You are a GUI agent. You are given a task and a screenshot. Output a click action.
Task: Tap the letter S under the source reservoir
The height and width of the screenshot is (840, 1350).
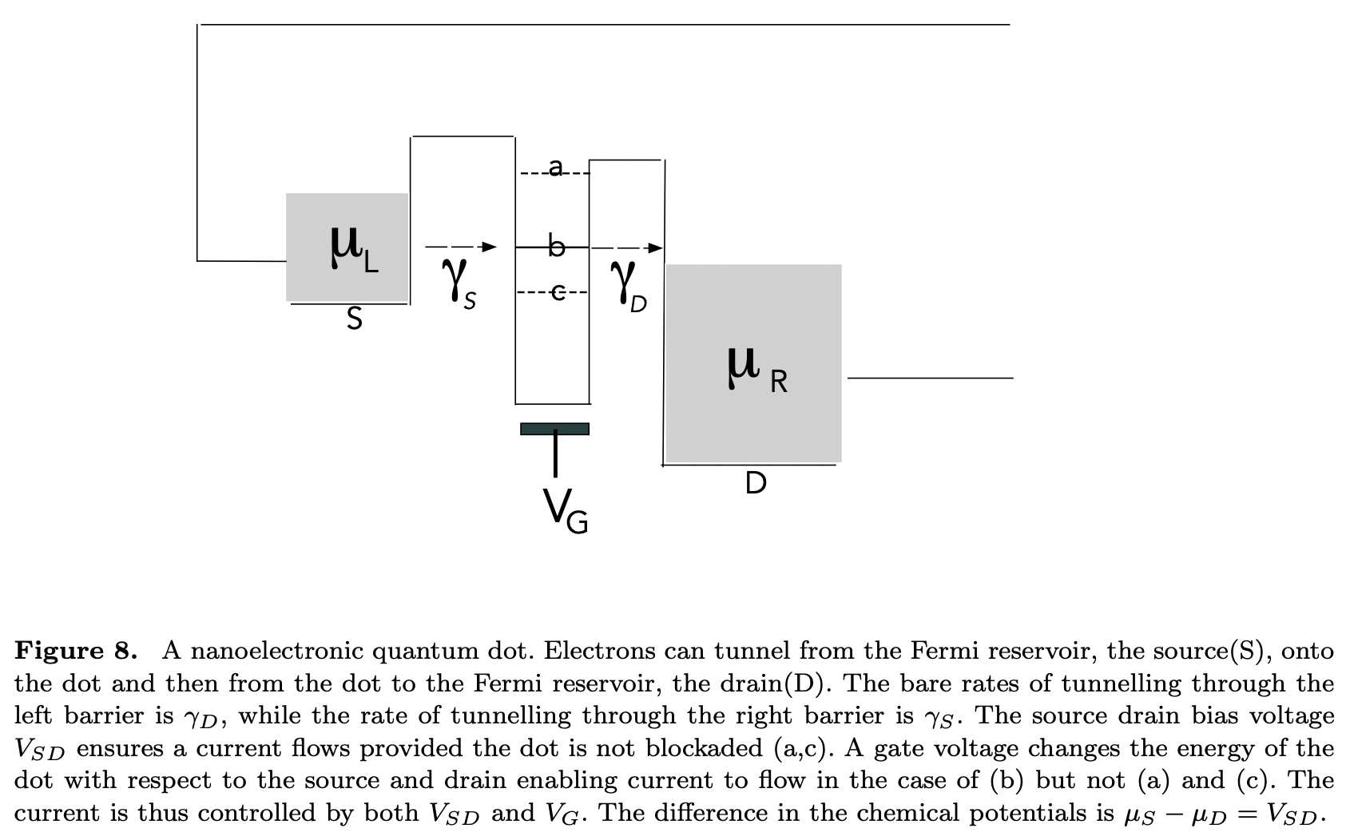(x=354, y=319)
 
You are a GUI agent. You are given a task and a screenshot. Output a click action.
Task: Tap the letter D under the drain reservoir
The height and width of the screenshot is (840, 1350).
(x=755, y=483)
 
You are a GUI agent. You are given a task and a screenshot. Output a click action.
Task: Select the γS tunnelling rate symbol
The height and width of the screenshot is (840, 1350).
(x=458, y=282)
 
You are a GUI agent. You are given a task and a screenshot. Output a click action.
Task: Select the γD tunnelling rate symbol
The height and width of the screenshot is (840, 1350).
(x=628, y=284)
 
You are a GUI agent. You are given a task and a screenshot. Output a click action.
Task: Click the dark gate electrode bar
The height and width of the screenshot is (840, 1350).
(x=554, y=429)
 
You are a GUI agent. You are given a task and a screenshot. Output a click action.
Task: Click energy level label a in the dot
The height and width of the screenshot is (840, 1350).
(x=555, y=167)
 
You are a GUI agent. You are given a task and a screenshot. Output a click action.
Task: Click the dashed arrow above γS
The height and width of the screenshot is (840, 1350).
(x=461, y=247)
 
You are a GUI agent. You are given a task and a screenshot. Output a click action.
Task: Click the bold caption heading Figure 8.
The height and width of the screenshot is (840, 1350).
(x=76, y=652)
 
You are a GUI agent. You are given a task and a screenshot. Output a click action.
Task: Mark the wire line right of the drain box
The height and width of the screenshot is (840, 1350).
(x=930, y=378)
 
